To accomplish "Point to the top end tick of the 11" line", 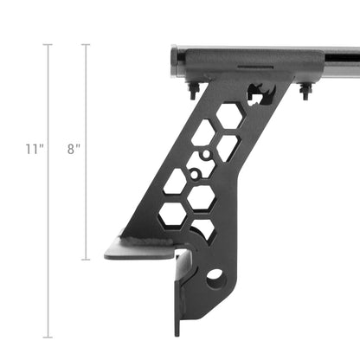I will tap(48, 44).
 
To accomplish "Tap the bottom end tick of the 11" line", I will tap(48, 337).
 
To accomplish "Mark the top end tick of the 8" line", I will tap(85, 44).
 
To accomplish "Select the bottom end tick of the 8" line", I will tap(85, 260).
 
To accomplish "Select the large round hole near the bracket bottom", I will tap(215, 278).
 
